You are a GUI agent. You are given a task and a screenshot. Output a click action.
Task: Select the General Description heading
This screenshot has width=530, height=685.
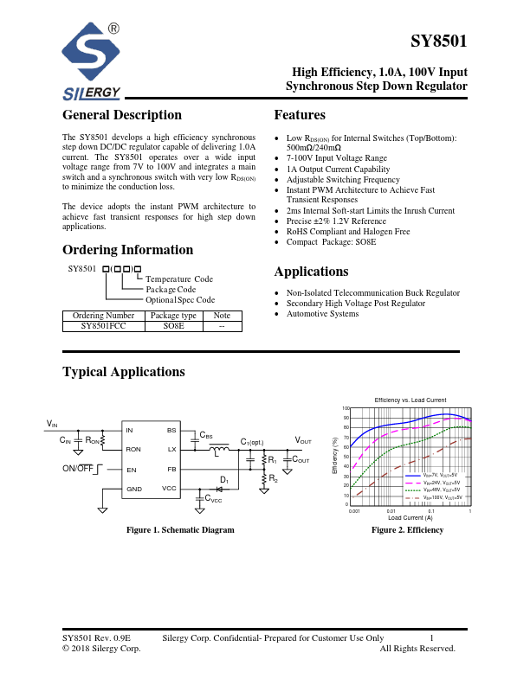[122, 115]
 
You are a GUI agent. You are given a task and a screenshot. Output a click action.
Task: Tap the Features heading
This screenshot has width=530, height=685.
[300, 115]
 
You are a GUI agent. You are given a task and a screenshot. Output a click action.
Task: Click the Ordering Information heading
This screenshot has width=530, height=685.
[127, 250]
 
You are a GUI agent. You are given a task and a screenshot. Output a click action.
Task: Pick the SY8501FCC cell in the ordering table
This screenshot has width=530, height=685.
[103, 327]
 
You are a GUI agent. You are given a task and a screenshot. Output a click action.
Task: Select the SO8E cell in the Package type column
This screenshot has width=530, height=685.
[173, 327]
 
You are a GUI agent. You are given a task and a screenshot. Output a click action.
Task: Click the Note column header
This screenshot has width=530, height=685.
[222, 317]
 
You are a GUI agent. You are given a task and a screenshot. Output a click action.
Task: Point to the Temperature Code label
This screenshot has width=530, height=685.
[179, 279]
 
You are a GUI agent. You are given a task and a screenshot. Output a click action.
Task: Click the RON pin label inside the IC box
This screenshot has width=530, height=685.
[133, 450]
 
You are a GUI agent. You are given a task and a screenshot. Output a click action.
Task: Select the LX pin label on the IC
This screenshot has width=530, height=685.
[171, 450]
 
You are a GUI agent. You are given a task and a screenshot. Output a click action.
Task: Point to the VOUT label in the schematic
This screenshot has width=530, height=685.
[303, 441]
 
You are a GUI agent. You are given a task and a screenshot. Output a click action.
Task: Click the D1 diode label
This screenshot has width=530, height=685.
[223, 479]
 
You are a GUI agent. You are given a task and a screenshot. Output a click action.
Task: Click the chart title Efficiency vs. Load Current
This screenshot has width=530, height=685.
[410, 400]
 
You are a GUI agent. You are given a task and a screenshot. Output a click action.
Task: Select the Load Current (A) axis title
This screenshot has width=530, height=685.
[410, 517]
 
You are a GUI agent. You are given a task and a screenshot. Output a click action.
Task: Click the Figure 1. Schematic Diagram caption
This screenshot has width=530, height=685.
[180, 529]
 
